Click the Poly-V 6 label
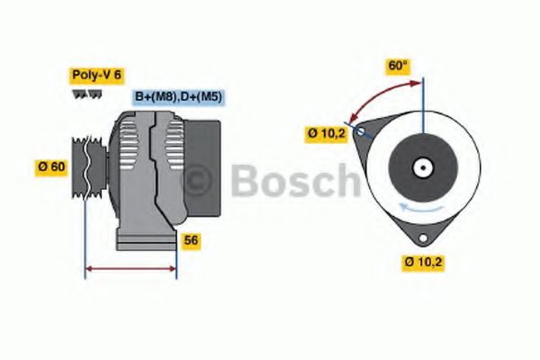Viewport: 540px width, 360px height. click(x=95, y=77)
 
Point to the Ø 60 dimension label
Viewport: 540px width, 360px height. click(x=52, y=166)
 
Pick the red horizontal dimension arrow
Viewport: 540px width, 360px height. click(x=130, y=267)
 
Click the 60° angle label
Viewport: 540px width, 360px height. click(x=398, y=66)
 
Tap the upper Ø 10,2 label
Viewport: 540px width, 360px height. click(x=326, y=133)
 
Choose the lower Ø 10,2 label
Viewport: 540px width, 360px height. click(x=423, y=262)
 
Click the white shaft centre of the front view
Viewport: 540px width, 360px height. click(x=421, y=167)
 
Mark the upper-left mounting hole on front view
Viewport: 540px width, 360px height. click(x=361, y=131)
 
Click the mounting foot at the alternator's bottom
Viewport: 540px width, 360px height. click(x=144, y=241)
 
